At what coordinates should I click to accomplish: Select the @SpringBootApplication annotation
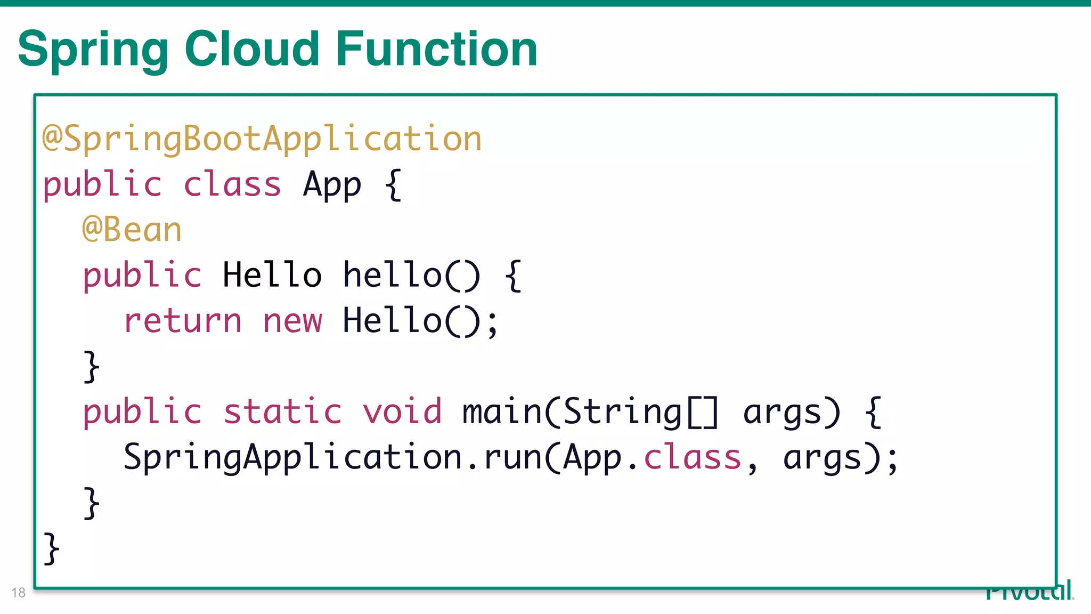point(262,139)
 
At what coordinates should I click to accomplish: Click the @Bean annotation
point(132,230)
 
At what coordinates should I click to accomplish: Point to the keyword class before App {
point(232,184)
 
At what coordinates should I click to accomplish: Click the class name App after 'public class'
point(332,185)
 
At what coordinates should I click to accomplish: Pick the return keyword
point(183,321)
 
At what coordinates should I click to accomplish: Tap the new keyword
point(292,321)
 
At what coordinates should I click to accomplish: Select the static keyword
point(282,411)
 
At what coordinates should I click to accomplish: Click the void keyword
point(402,411)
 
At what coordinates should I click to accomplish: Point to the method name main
point(501,411)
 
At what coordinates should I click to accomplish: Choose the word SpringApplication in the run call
point(292,457)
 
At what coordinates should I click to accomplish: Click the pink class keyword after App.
point(693,457)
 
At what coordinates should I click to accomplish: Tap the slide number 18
point(18,593)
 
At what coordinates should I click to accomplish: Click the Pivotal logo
point(1029,592)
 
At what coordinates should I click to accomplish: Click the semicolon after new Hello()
point(493,323)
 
